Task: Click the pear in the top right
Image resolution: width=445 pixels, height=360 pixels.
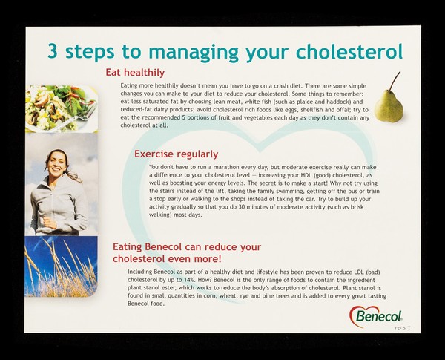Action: coord(388,106)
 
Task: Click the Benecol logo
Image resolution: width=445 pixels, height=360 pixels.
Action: coord(376,317)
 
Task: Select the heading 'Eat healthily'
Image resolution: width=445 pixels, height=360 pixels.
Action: coord(134,73)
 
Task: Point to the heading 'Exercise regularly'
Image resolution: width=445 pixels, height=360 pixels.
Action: coord(176,154)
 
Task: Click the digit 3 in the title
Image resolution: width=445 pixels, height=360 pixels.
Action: coord(53,51)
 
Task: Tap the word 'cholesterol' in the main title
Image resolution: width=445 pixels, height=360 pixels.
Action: coord(349,51)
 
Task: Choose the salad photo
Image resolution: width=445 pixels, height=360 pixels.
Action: coord(61,108)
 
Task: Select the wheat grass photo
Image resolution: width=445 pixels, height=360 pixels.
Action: coord(61,266)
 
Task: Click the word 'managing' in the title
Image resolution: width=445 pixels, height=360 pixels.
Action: coord(181,51)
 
